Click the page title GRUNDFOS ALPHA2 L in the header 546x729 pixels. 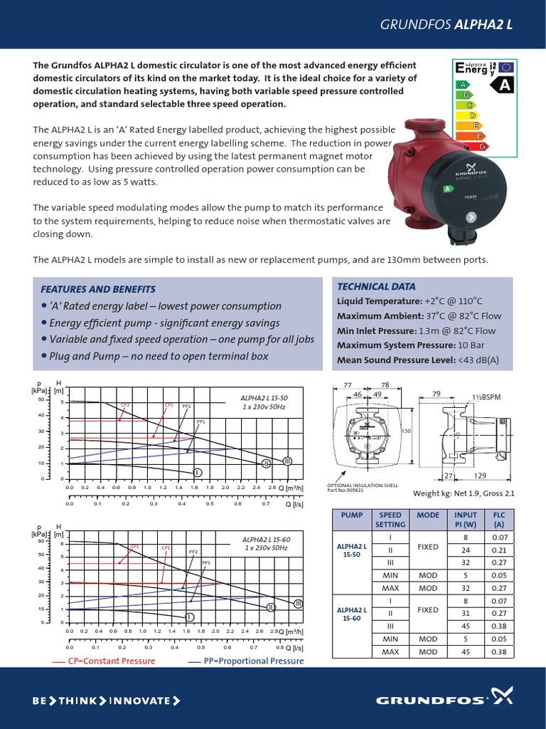pos(447,23)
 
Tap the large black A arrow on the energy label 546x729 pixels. pos(504,85)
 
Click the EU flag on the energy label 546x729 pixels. pos(505,68)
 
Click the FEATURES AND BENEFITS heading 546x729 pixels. pos(98,289)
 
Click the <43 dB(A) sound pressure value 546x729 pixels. pos(478,360)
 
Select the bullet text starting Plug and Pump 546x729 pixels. pos(154,355)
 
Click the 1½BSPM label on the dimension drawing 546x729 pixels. pos(486,396)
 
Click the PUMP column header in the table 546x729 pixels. pos(352,514)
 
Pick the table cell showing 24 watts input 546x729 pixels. pos(466,550)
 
